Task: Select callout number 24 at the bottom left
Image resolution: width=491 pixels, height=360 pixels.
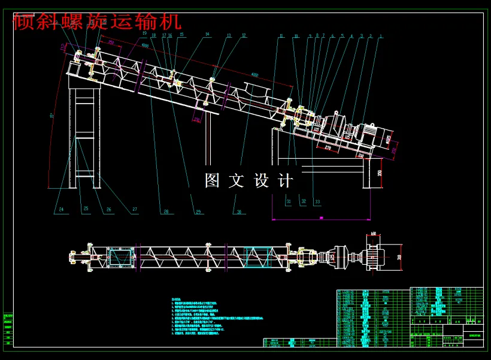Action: pos(61,209)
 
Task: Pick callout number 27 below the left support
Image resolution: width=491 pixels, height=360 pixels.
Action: pos(135,210)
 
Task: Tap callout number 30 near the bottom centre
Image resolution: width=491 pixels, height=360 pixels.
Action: pos(239,211)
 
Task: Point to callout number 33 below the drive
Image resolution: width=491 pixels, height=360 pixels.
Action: pos(317,201)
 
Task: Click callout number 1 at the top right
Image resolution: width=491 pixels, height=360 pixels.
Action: pos(381,37)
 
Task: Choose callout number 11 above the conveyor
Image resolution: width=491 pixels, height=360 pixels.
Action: pos(280,37)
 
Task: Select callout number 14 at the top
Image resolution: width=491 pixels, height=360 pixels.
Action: pos(207,35)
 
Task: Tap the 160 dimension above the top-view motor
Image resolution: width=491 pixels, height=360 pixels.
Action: pos(373,234)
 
